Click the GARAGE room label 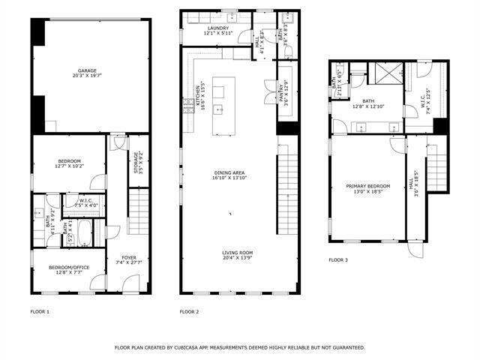[88, 70]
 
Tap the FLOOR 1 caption [40, 311]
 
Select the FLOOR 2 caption [190, 311]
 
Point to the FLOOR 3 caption [338, 260]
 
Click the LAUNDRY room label [218, 28]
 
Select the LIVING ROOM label [237, 253]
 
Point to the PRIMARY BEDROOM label [368, 185]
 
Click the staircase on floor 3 [436, 168]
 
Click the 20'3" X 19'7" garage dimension [88, 76]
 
